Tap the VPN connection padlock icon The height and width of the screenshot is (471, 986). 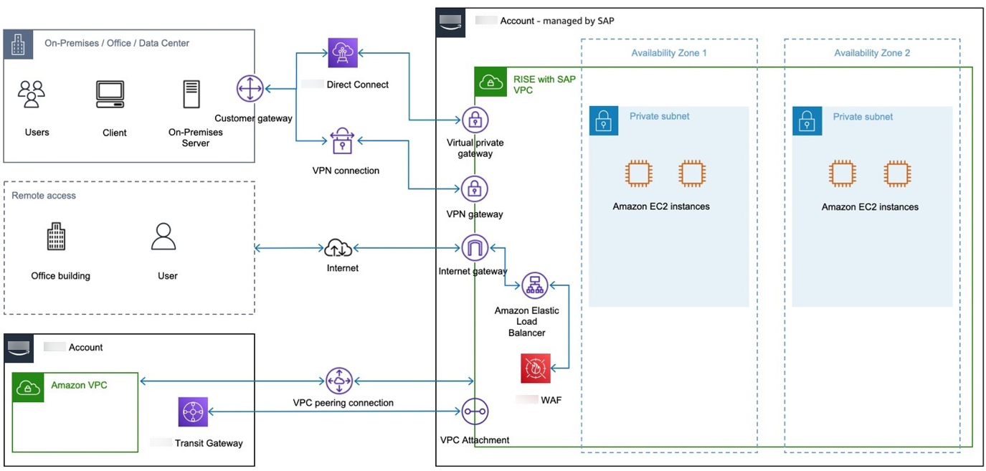click(342, 142)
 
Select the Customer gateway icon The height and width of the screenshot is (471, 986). click(250, 89)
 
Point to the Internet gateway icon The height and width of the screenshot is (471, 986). click(475, 248)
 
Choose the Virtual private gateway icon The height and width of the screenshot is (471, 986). click(475, 120)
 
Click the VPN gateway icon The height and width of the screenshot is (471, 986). click(475, 189)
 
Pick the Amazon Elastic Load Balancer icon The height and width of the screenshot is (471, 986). click(534, 286)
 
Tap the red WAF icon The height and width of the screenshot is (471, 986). click(536, 368)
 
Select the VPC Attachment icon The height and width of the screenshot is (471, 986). click(475, 412)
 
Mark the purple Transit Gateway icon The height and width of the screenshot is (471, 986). click(193, 411)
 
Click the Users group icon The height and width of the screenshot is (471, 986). click(32, 95)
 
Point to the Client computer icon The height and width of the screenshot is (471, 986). click(110, 95)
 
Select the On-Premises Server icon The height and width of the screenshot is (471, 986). click(191, 95)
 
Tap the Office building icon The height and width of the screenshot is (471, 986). click(56, 237)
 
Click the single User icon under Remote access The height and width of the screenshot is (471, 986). click(163, 237)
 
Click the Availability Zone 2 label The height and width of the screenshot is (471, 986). click(872, 53)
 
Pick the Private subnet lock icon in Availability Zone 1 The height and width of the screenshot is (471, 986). click(603, 121)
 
